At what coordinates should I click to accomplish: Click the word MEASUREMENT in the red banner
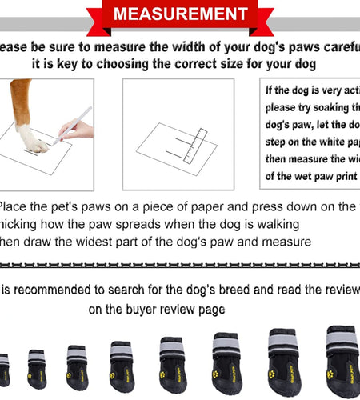pos(180,14)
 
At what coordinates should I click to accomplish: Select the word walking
pos(278,223)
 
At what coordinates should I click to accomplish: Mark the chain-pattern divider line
pos(180,264)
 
